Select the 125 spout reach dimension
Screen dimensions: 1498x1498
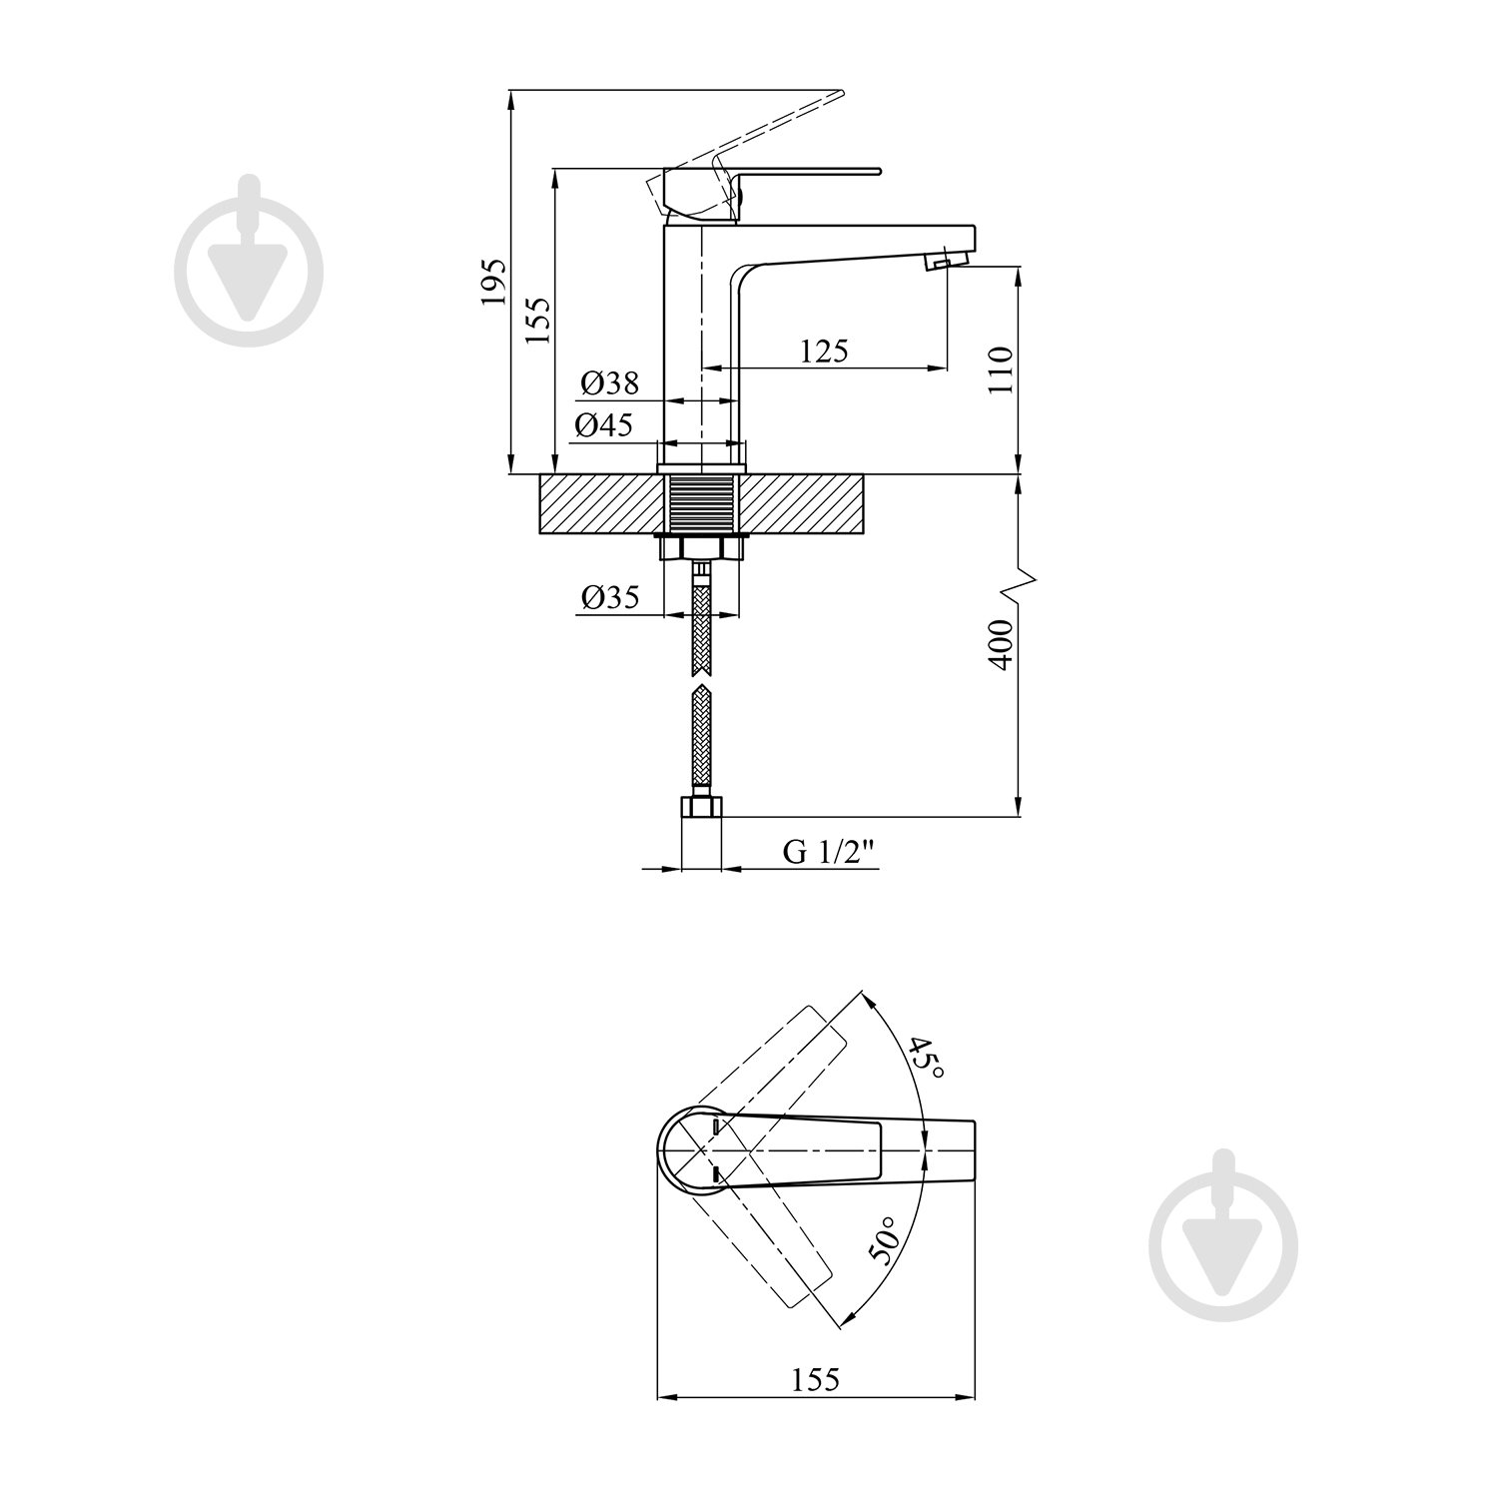pyautogui.click(x=824, y=351)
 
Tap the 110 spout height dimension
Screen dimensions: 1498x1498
pyautogui.click(x=1001, y=370)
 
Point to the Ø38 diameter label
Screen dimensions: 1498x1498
pyautogui.click(x=608, y=382)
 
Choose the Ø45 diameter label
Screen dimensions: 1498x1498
pyautogui.click(x=603, y=425)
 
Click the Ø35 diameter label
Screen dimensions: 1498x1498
pyautogui.click(x=609, y=597)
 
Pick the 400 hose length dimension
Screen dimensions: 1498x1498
pyautogui.click(x=1001, y=644)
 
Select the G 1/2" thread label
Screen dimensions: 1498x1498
pyautogui.click(x=829, y=852)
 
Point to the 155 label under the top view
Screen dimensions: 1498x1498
pyautogui.click(x=816, y=1379)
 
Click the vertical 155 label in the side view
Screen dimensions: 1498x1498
pyautogui.click(x=538, y=321)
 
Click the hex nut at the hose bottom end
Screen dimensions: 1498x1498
pyautogui.click(x=701, y=807)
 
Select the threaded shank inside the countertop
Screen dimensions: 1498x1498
pyautogui.click(x=701, y=505)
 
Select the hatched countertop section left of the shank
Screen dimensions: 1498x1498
pyautogui.click(x=601, y=505)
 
